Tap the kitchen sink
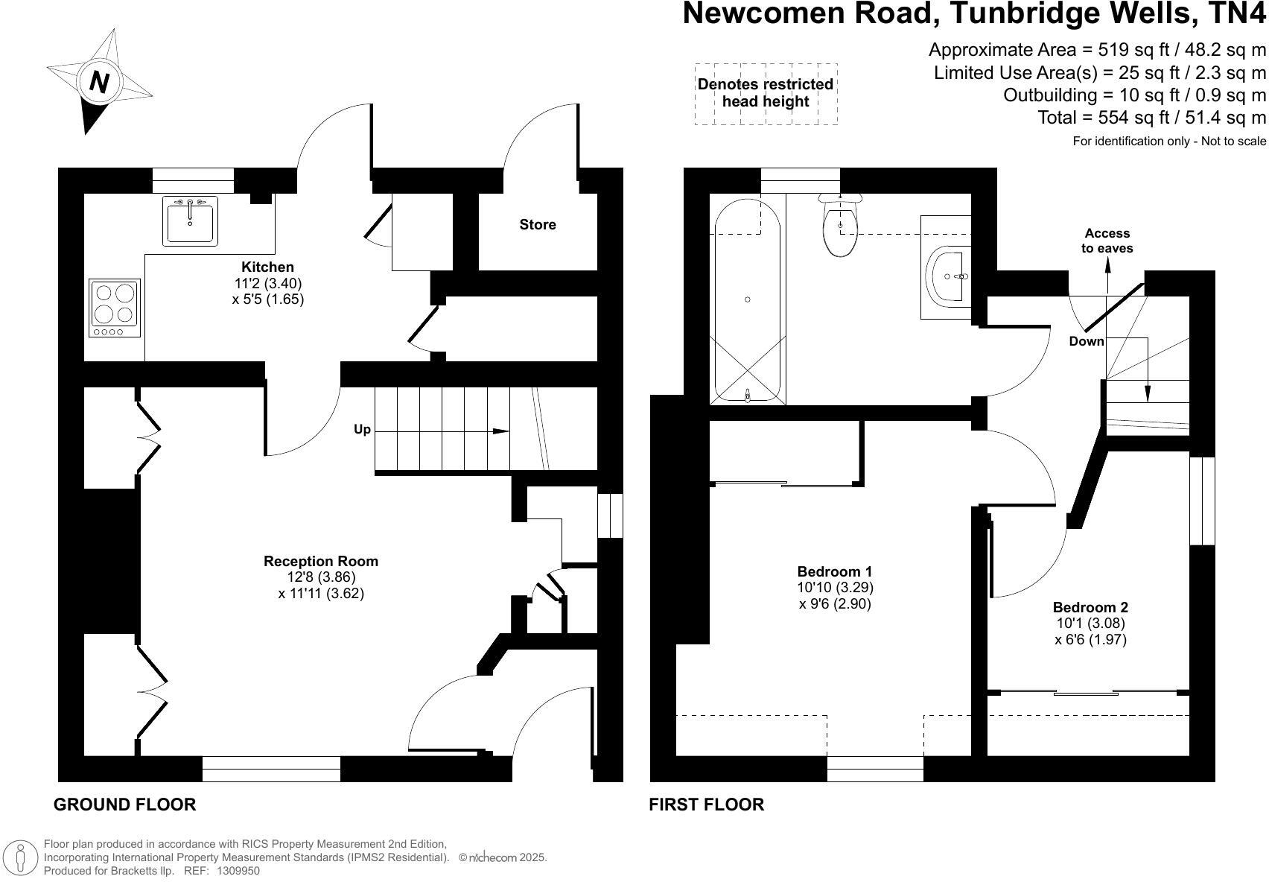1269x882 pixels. [x=191, y=220]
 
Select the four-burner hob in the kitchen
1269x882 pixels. [x=115, y=306]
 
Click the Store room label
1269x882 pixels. [x=538, y=225]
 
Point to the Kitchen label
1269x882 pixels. [x=267, y=267]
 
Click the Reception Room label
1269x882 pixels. [x=320, y=561]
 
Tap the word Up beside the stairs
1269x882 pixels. [x=362, y=430]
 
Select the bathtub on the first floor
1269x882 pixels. [x=748, y=302]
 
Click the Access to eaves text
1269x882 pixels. [x=1107, y=241]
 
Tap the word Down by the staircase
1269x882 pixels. [x=1087, y=341]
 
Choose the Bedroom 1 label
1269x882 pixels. [x=835, y=571]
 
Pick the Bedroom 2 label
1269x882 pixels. [x=1090, y=607]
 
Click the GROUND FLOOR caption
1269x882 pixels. [x=124, y=805]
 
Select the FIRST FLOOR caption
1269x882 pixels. [x=706, y=805]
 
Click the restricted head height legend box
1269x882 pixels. [x=766, y=94]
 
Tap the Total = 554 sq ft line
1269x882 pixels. [x=1151, y=118]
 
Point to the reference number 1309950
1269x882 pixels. [x=238, y=870]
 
